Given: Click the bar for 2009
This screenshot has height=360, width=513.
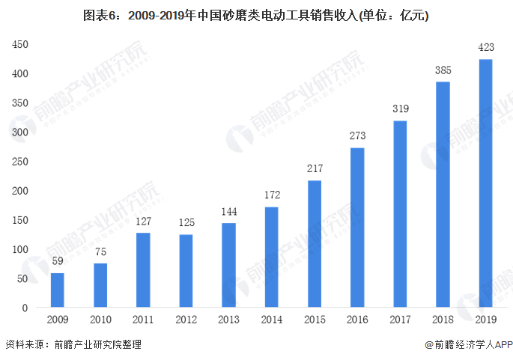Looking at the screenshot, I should tap(57, 290).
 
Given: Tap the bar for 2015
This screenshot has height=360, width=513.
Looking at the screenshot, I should tap(314, 244).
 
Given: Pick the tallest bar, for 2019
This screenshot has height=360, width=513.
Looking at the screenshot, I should tap(485, 183).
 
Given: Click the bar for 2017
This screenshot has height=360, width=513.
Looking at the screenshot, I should tap(400, 214).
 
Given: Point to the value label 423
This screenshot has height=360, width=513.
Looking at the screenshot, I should tap(485, 49).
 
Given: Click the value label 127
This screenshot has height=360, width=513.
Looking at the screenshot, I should tap(142, 222).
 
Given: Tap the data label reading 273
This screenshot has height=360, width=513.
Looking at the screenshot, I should tap(356, 137).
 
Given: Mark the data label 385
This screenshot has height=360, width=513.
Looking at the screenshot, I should tap(443, 71).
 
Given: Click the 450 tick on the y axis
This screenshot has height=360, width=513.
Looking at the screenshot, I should tap(20, 44).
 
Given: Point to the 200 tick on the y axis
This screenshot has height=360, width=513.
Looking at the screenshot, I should tap(20, 191).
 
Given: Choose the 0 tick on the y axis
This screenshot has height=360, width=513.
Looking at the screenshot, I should tap(25, 308).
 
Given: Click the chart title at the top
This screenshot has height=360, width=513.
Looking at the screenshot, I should tap(256, 14).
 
